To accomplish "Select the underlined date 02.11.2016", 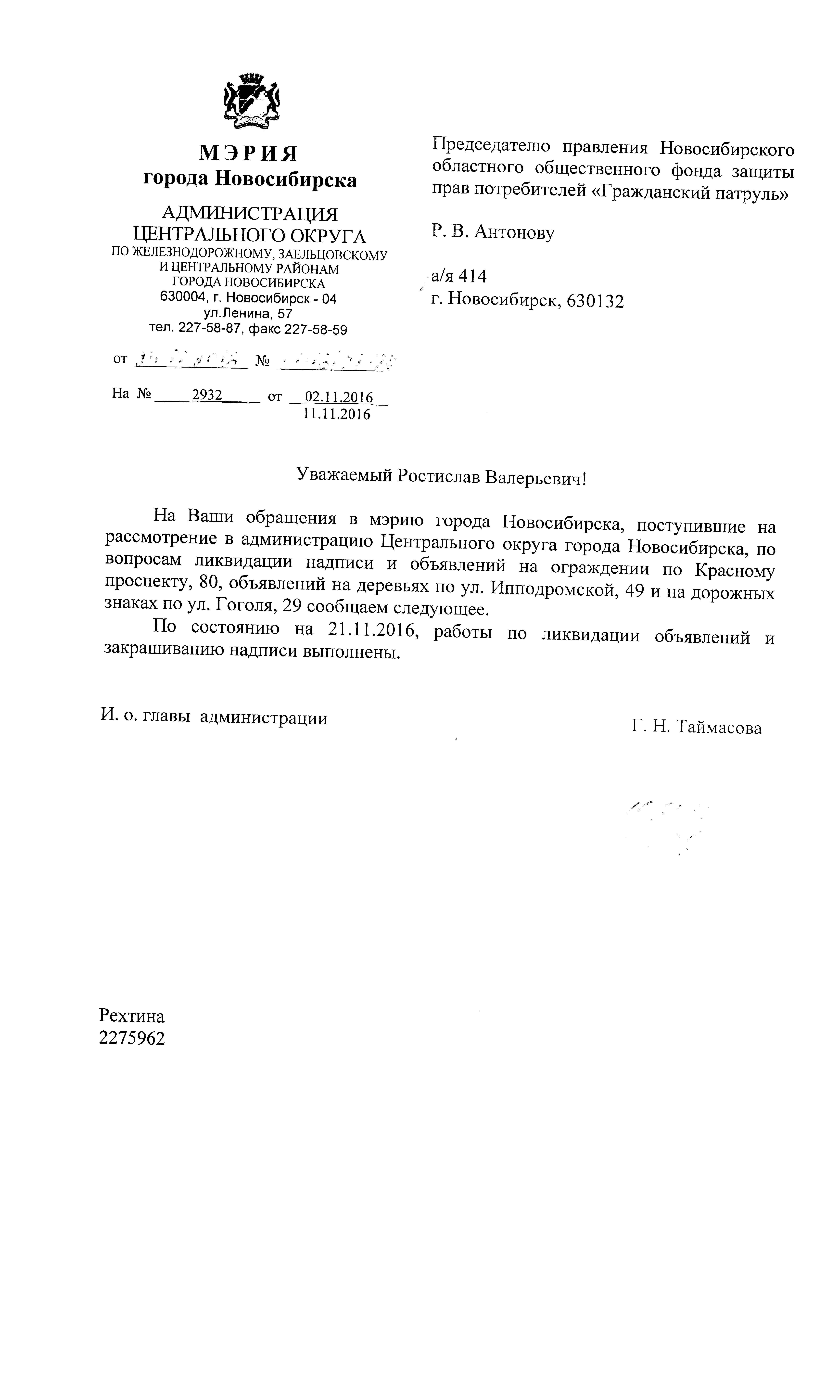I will [338, 397].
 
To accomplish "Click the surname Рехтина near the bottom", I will [132, 1016].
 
